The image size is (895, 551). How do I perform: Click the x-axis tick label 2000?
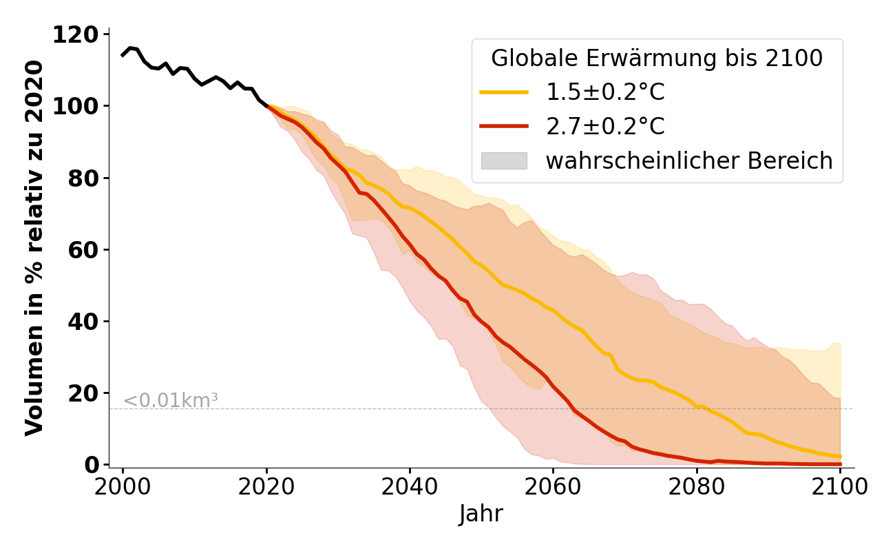[x=123, y=487]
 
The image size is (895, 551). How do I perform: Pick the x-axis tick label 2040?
[x=410, y=487]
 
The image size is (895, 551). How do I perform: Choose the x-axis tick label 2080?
[x=697, y=487]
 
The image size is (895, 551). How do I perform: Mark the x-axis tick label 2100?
[x=840, y=487]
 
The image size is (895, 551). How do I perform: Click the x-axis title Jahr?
[x=481, y=514]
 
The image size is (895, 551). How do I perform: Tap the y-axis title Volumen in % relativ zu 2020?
[x=34, y=248]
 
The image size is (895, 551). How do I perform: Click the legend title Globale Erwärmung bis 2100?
[x=657, y=59]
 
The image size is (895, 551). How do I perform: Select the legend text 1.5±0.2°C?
[x=605, y=92]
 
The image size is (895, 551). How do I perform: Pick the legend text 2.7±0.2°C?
[x=605, y=127]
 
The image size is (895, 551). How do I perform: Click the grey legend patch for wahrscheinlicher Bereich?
[x=504, y=161]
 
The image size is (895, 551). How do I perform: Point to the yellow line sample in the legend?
[x=504, y=92]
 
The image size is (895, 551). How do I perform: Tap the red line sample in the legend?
[x=504, y=127]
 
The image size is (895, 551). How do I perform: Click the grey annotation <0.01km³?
[x=171, y=400]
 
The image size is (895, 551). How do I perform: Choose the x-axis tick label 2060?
[x=553, y=487]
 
